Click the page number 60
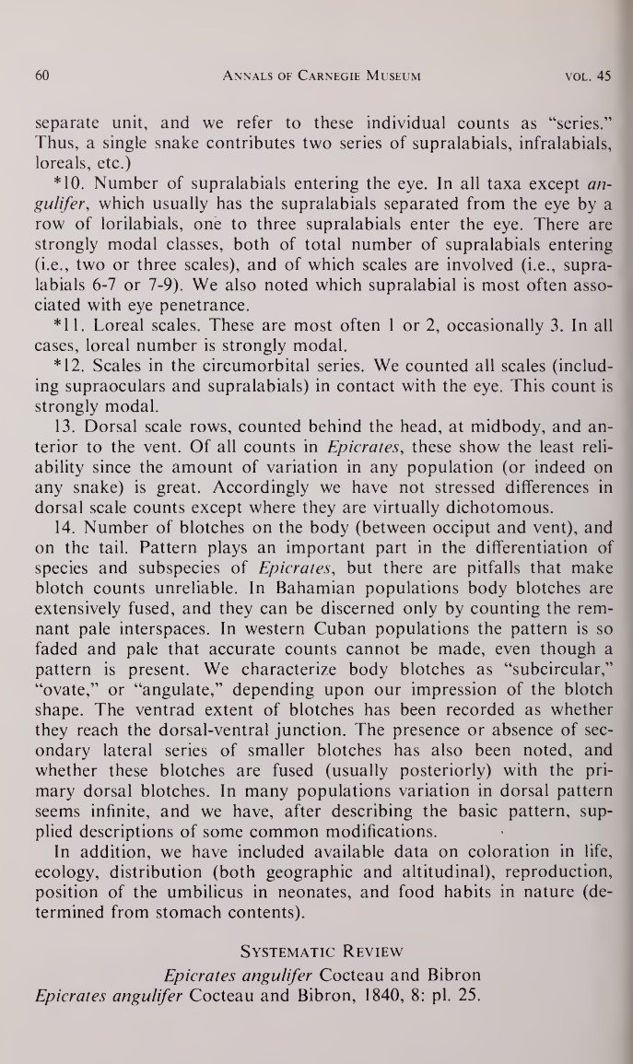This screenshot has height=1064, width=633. tap(41, 76)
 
